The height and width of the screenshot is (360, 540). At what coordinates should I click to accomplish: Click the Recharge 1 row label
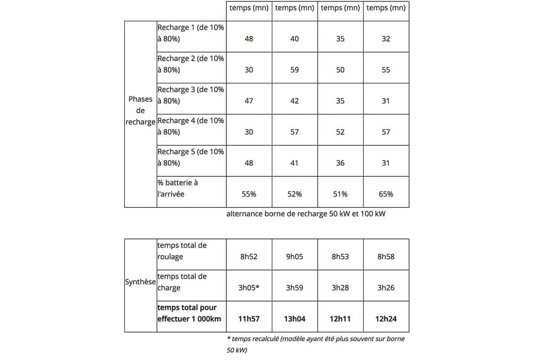pos(190,33)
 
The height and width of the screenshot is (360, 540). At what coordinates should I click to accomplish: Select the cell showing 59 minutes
pos(294,70)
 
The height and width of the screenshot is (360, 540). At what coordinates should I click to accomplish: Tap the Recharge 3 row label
pos(190,95)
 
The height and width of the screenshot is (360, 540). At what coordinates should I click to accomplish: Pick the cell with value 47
pos(249,101)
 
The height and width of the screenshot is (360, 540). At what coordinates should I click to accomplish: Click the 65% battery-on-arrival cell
pos(386,194)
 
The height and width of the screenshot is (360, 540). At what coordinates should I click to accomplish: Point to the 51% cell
pos(340,194)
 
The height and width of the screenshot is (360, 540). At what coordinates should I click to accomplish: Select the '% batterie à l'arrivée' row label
pos(177,189)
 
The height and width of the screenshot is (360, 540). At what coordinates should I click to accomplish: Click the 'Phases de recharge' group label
pos(140,111)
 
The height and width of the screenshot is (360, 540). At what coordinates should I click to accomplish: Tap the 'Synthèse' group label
pos(140,282)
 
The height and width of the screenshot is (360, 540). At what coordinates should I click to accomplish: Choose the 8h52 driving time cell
pos(249,256)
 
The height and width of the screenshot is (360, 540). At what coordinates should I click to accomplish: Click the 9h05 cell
pos(294,256)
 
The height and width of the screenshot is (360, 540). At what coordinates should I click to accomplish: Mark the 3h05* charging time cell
pos(249,288)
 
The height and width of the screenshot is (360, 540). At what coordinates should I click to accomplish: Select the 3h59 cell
pos(294,288)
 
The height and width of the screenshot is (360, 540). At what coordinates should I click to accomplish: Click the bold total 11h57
pos(249,319)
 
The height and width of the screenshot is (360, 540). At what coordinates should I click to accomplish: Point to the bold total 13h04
pos(294,319)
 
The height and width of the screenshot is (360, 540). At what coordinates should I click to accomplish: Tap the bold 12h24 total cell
pos(386,319)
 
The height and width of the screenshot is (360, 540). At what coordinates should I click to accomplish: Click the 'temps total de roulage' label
pos(182,251)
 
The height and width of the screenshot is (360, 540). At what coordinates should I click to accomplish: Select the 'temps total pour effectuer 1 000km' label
pos(187,313)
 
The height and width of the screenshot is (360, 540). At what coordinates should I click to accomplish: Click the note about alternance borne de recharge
pos(306,214)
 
